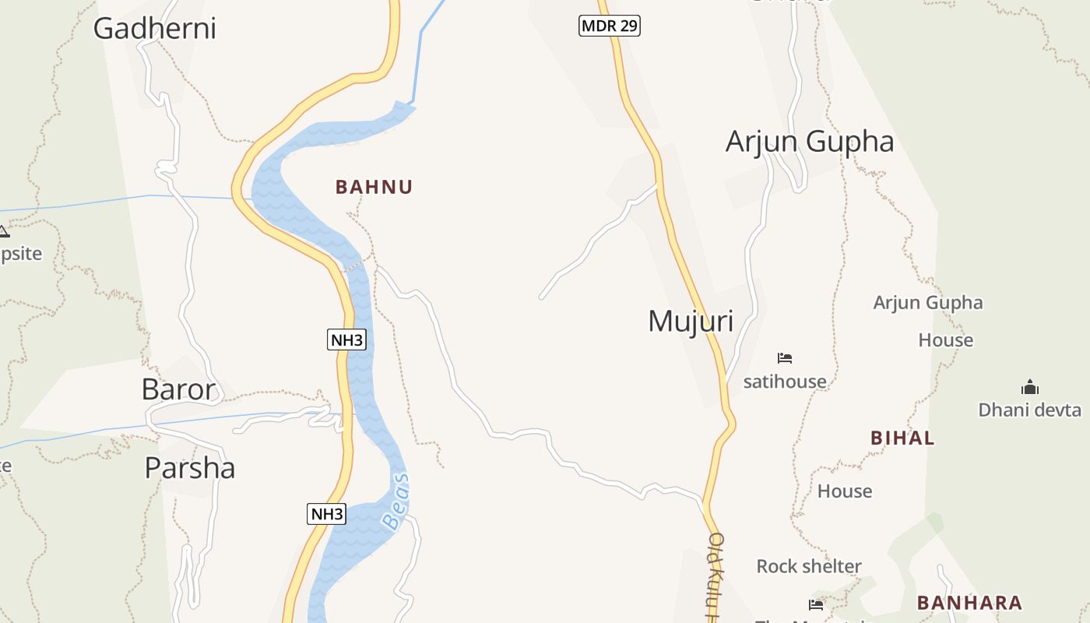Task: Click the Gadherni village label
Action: (154, 29)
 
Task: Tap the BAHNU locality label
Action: (374, 187)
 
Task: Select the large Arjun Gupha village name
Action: (810, 142)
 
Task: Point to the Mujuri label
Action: (691, 321)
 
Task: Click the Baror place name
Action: (178, 389)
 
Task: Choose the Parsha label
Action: (190, 468)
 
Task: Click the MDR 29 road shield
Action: (610, 26)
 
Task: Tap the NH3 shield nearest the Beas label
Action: (326, 514)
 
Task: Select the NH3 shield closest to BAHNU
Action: (346, 340)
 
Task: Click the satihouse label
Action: (785, 382)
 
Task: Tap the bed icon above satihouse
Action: (785, 358)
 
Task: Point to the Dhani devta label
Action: (1029, 410)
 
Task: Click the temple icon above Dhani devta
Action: (1030, 387)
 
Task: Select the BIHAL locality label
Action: (902, 438)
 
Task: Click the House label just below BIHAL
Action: (845, 491)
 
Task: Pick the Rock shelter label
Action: (809, 566)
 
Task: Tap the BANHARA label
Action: (969, 603)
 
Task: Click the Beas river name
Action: (397, 502)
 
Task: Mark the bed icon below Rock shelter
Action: (816, 604)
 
